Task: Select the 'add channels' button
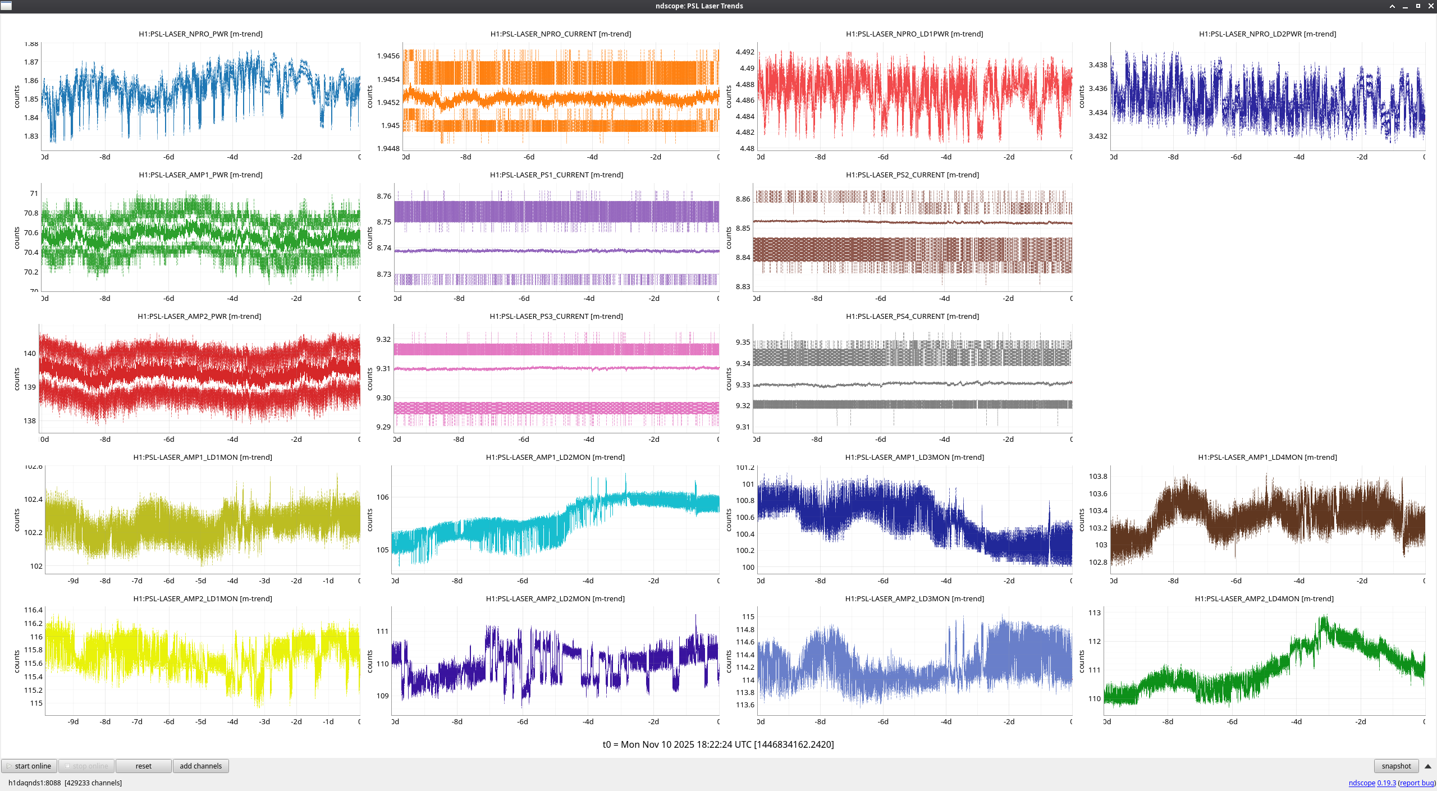[200, 766]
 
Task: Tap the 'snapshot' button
[1396, 766]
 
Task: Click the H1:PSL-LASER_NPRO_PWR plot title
[200, 34]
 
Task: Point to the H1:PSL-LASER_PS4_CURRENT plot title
[912, 317]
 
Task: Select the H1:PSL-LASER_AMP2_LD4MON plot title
[1264, 599]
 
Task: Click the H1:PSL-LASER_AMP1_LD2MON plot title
[555, 458]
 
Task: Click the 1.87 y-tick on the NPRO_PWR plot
[31, 62]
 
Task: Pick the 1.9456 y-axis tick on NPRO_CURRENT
[388, 56]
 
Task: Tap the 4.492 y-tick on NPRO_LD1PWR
[745, 52]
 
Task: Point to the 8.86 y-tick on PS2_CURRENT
[743, 199]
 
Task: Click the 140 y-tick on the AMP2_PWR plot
[30, 354]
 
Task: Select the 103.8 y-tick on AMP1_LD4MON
[1098, 477]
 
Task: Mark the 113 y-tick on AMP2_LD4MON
[1095, 613]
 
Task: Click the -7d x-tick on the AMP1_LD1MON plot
[137, 581]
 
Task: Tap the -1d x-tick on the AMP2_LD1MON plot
[328, 722]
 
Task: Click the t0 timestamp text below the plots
[718, 745]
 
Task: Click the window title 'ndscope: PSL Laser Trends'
[699, 6]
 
